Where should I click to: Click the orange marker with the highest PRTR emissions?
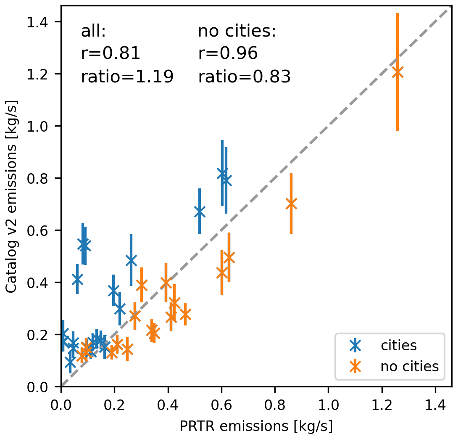click(397, 72)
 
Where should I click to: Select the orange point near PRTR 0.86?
click(291, 204)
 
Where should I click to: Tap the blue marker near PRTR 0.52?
click(200, 212)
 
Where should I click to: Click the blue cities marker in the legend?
click(355, 346)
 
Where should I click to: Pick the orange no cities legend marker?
click(355, 367)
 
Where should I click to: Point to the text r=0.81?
click(110, 54)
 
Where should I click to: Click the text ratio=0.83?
click(244, 77)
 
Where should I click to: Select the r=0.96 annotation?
click(227, 54)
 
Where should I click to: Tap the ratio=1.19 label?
click(127, 77)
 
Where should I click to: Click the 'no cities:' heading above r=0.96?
click(237, 31)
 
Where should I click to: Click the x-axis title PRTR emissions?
click(256, 426)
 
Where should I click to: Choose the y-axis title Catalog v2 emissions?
click(11, 196)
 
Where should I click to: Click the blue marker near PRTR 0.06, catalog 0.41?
click(77, 279)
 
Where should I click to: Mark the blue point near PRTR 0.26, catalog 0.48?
click(131, 260)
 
